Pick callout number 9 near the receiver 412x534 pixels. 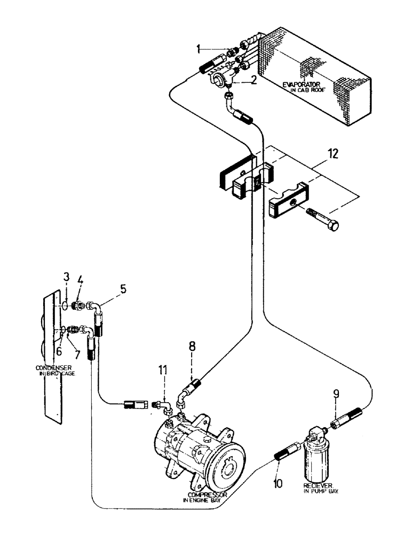tap(335, 395)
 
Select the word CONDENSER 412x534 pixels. tap(52, 368)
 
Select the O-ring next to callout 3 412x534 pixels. tap(64, 306)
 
